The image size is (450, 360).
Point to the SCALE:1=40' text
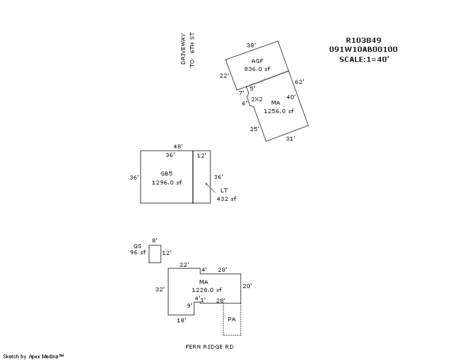point(364,58)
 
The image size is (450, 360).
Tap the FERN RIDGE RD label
point(209,346)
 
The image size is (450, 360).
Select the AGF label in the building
point(258,61)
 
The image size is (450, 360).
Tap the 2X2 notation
point(256,99)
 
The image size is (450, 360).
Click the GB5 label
point(166,174)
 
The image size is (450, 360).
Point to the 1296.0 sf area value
point(167,182)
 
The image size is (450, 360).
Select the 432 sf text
point(227,199)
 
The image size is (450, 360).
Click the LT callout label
point(224,190)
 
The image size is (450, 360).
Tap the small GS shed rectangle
point(155,254)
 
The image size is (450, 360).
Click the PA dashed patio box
point(232,319)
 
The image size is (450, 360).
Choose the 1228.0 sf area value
point(203,290)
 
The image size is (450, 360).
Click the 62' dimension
point(299,82)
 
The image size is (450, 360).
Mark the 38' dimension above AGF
point(251,45)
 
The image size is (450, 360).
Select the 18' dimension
point(182,320)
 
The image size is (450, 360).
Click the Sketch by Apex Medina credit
point(33,356)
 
